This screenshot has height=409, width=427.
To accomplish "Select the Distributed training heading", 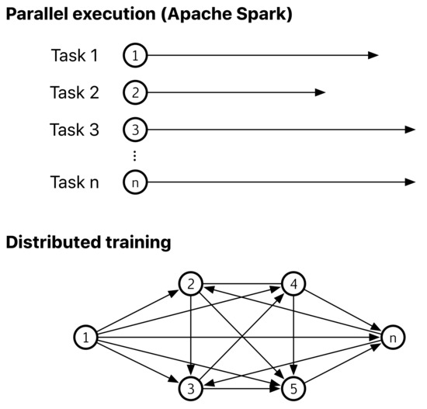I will (x=88, y=243).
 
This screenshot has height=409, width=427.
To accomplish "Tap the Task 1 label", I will (x=75, y=56).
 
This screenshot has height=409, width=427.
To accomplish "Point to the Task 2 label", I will (x=75, y=93).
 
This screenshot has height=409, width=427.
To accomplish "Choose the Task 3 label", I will (x=75, y=130).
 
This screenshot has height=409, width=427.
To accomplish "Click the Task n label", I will (x=75, y=183).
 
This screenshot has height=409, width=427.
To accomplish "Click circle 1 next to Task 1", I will (x=134, y=56).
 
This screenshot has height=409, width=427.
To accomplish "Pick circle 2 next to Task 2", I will (x=134, y=93).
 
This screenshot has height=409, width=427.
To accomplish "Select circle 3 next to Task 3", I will (x=134, y=130).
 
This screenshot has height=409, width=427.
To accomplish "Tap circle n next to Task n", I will (x=134, y=183).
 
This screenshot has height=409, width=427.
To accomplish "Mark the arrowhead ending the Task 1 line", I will (x=373, y=56).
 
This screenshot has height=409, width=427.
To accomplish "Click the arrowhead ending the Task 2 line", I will (x=320, y=93).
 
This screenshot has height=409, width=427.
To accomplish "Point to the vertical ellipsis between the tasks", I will (x=134, y=157).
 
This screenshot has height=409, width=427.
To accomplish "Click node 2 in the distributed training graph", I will (x=190, y=284).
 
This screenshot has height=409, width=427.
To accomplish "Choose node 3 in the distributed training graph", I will (x=190, y=386).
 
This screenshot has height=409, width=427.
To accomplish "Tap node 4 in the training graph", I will (x=293, y=284).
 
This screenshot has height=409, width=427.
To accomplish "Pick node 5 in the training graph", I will (x=293, y=386).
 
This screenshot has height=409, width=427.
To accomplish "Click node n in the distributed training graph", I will (x=394, y=337).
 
